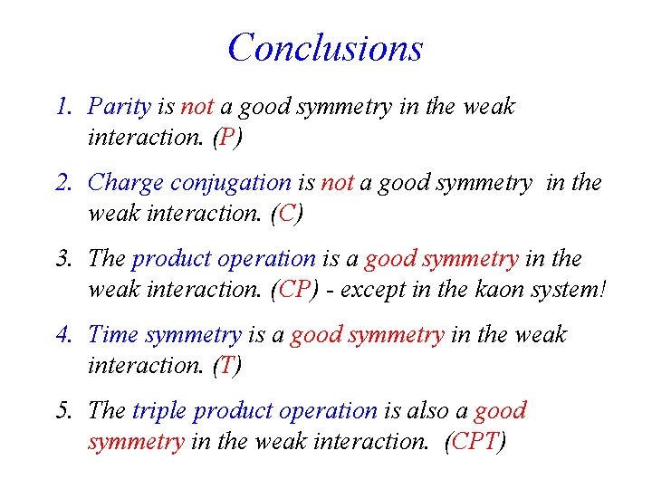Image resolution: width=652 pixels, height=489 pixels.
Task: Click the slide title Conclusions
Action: (325, 47)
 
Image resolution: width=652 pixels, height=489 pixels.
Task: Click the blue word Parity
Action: (119, 107)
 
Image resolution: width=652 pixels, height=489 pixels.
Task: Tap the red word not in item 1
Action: (197, 107)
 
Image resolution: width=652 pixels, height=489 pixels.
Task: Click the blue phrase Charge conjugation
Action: (189, 183)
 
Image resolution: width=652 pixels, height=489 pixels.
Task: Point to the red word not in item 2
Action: (338, 183)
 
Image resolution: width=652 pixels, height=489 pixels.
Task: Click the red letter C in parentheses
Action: (289, 214)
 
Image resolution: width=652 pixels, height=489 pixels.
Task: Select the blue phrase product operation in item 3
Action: (224, 259)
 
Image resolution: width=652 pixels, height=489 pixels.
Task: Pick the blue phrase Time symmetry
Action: (164, 335)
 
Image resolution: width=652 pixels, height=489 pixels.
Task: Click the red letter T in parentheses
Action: (226, 366)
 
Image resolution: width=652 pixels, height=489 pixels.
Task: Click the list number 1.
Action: (62, 107)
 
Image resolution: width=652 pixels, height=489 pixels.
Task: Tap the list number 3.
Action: (62, 259)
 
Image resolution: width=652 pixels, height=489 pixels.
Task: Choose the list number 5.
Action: (62, 411)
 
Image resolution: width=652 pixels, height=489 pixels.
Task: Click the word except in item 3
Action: (367, 291)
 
